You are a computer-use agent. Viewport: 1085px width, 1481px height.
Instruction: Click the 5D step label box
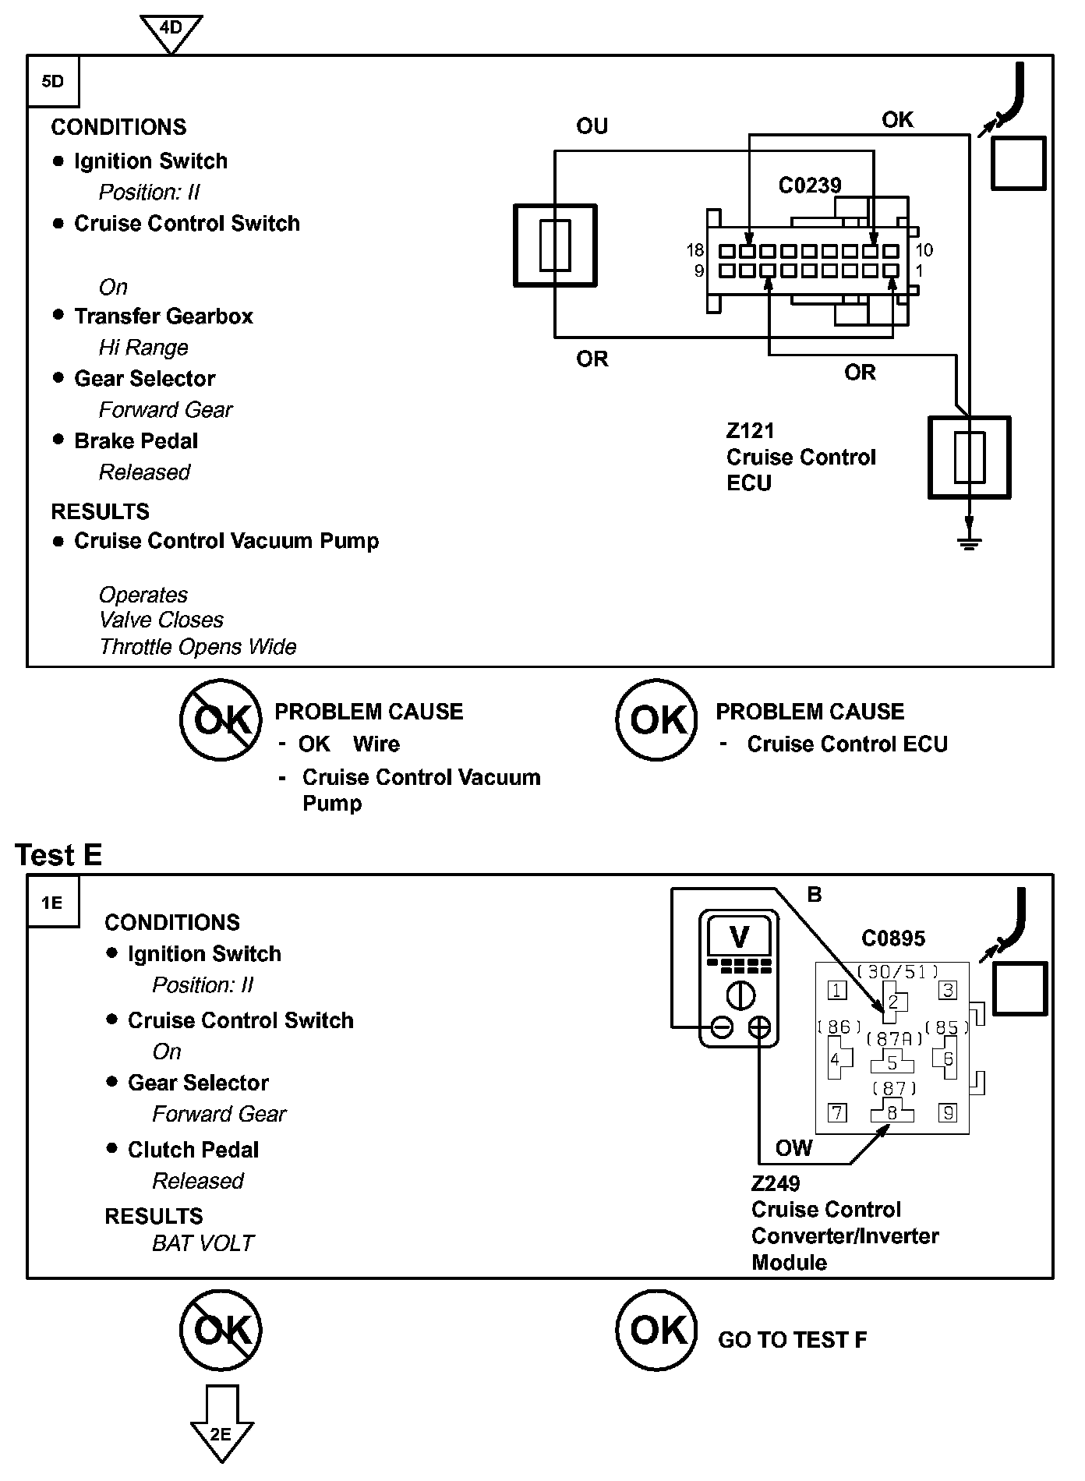(x=53, y=81)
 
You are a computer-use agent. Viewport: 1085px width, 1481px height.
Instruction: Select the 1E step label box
(x=53, y=902)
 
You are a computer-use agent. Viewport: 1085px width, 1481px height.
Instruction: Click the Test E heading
(x=58, y=855)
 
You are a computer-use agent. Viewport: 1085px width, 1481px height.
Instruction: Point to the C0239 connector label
(x=810, y=186)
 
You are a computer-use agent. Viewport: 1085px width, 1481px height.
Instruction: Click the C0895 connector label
(x=892, y=938)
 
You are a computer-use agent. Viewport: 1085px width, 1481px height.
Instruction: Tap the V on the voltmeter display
(x=739, y=936)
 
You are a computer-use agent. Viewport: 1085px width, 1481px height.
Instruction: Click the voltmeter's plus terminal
(x=759, y=1028)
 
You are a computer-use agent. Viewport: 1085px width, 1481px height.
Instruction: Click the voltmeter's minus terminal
(x=722, y=1028)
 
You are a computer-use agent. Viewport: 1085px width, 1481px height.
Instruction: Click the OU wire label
(x=592, y=126)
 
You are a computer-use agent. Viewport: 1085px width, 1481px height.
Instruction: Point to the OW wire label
(x=793, y=1148)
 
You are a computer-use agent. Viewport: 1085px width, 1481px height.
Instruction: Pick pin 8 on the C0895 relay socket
(x=892, y=1112)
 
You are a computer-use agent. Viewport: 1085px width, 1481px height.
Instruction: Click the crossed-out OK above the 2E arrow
(x=221, y=1331)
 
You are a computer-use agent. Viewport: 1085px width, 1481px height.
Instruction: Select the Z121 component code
(x=750, y=431)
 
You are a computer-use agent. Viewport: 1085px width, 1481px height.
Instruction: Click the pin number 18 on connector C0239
(x=694, y=250)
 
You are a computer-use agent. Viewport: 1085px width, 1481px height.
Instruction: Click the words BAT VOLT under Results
(x=203, y=1243)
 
